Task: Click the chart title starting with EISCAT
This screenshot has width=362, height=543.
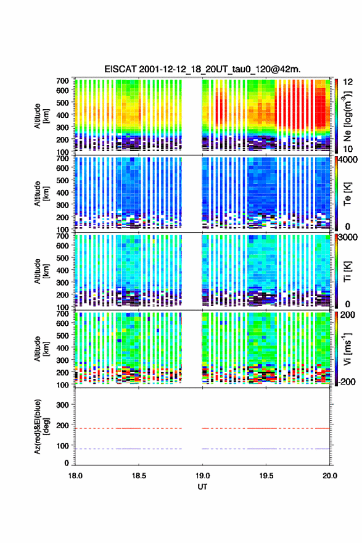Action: (x=202, y=69)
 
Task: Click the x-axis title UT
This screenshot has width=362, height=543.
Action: (x=202, y=487)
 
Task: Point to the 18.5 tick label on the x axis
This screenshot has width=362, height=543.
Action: (x=139, y=476)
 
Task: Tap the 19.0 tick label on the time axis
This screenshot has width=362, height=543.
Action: (x=202, y=476)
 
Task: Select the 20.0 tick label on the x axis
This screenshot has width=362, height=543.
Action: (x=330, y=476)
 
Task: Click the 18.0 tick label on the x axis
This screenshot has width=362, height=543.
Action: (x=75, y=476)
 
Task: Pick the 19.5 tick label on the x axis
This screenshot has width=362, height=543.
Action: (x=266, y=476)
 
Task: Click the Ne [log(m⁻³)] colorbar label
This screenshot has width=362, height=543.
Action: (x=347, y=115)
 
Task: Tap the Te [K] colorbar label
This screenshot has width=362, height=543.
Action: (x=347, y=194)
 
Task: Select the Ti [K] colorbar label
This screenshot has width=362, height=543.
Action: (x=347, y=271)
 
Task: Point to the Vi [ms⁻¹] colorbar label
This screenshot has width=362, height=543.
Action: (x=347, y=349)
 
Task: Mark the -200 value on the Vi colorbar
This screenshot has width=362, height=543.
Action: (x=347, y=381)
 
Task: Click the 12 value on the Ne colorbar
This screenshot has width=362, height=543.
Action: (x=348, y=82)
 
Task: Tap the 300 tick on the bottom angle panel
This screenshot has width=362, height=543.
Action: (x=63, y=405)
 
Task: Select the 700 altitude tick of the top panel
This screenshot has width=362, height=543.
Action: (x=63, y=81)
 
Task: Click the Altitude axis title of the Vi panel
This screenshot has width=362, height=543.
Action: (x=41, y=349)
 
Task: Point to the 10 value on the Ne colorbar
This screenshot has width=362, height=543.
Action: (x=348, y=149)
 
